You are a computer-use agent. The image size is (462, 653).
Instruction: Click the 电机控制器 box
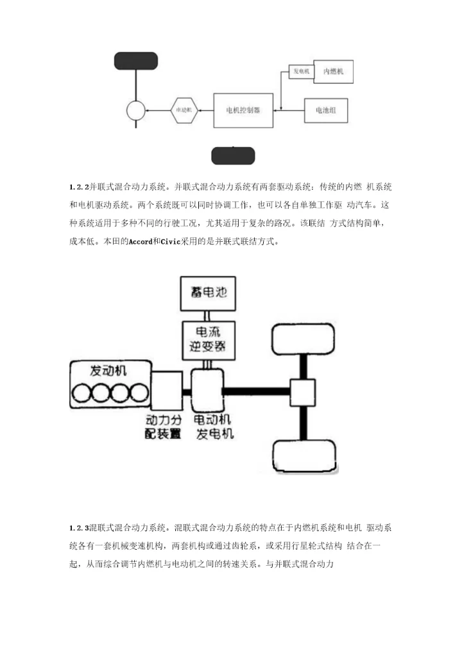(x=243, y=110)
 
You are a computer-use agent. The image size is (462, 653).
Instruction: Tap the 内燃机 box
(x=332, y=72)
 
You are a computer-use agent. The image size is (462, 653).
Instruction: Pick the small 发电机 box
(x=301, y=72)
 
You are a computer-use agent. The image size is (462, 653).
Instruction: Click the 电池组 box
(x=326, y=110)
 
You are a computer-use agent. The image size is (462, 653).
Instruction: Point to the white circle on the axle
(x=136, y=110)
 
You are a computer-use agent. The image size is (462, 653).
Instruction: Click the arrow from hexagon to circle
(x=158, y=110)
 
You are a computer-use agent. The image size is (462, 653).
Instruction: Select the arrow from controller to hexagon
(x=205, y=110)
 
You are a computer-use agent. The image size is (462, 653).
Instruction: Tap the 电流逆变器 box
(x=205, y=340)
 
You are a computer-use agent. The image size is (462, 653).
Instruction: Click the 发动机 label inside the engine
(x=108, y=371)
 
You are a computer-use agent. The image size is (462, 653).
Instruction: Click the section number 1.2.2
(x=79, y=187)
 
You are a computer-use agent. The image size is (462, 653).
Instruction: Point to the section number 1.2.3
(x=79, y=529)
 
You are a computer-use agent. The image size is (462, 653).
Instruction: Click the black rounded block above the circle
(x=136, y=60)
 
